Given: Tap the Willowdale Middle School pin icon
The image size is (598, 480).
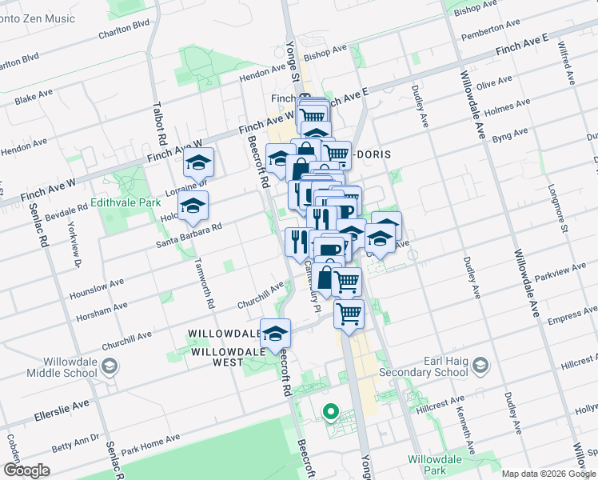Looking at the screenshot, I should coord(110,366).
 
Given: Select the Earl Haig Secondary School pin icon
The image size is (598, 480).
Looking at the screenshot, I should coord(480,366).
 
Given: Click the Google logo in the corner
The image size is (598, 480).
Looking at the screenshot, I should coord(26,470).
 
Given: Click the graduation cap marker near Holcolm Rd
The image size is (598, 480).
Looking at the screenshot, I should coord(192,206).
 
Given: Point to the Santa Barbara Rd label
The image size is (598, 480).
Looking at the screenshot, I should coord(189,234).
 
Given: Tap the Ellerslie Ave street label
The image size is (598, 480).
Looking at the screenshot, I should coord(62,411).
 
